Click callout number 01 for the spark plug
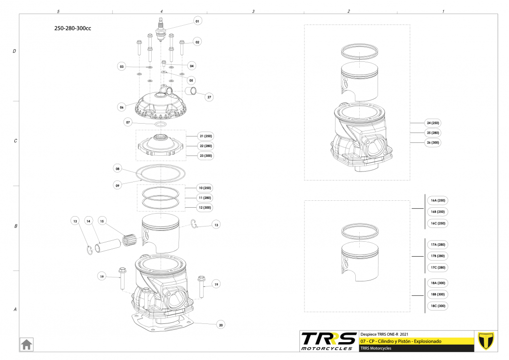[x=197, y=21]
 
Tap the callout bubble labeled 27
[x=210, y=97]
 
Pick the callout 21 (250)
[x=205, y=136]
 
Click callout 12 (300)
[x=205, y=208]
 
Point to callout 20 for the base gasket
[x=221, y=325]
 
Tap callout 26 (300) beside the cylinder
[x=432, y=143]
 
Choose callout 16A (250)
[x=437, y=200]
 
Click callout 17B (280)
[x=437, y=256]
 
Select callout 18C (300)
[x=437, y=306]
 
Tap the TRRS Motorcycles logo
[x=329, y=341]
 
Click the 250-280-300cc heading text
[x=73, y=28]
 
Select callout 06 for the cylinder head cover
[x=122, y=107]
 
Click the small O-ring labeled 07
[x=161, y=124]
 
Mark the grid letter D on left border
[x=15, y=51]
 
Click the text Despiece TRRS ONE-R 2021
[x=385, y=334]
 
